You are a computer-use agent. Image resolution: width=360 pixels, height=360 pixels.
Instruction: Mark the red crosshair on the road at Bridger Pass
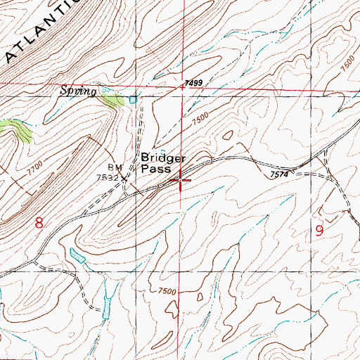(x=181, y=181)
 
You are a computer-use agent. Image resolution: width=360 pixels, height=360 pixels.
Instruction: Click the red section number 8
(x=39, y=224)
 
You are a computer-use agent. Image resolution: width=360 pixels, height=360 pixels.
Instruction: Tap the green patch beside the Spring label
(x=112, y=100)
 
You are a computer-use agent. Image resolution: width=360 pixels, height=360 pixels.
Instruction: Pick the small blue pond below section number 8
(x=77, y=255)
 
